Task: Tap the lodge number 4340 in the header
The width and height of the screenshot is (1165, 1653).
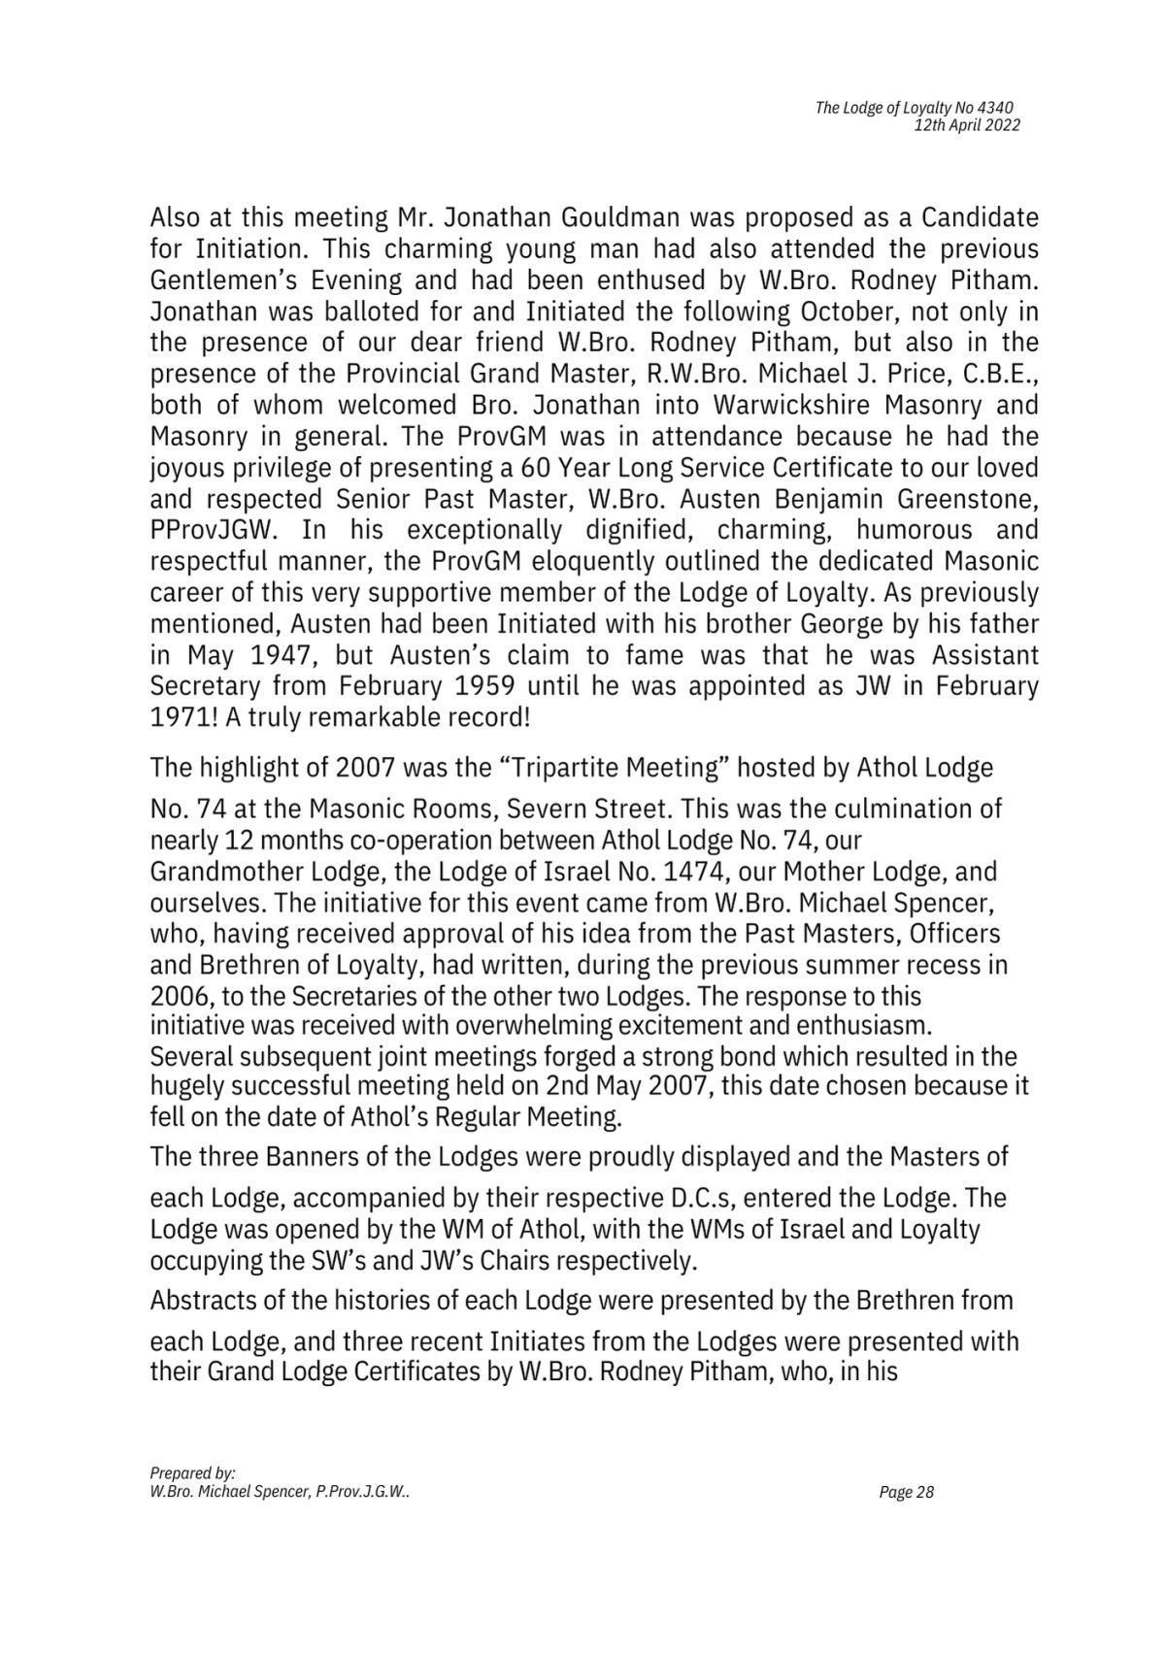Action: (999, 108)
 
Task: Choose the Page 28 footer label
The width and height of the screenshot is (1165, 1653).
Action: (906, 1492)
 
